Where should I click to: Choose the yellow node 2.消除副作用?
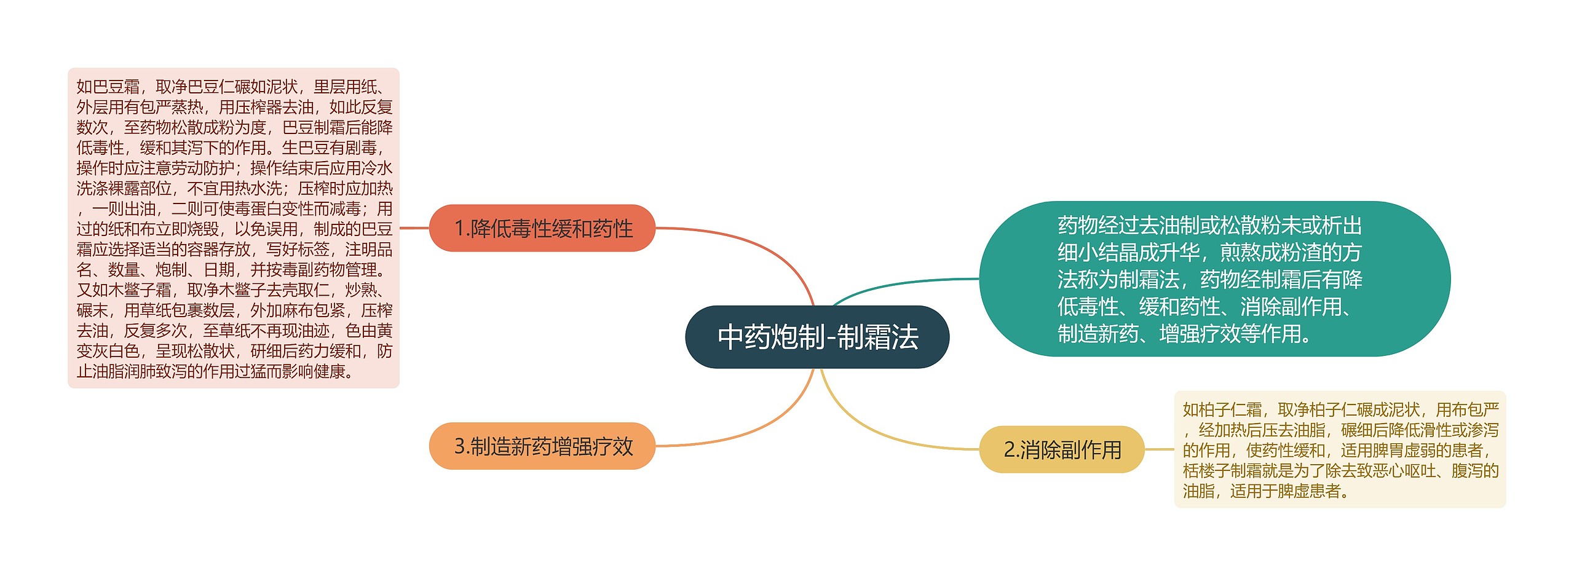click(x=1061, y=449)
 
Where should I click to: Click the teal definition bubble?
click(x=1214, y=278)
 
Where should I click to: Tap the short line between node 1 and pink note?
click(x=414, y=228)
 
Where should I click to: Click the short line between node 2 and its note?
click(x=1159, y=449)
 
